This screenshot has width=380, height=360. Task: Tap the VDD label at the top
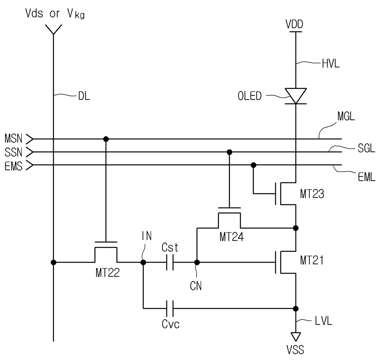pyautogui.click(x=294, y=24)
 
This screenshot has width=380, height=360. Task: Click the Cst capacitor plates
pyautogui.click(x=170, y=262)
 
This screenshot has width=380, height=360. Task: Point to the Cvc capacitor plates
pyautogui.click(x=170, y=308)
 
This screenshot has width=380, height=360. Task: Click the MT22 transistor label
pyautogui.click(x=108, y=273)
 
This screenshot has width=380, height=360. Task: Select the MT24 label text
pyautogui.click(x=232, y=237)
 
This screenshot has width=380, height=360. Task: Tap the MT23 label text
pyautogui.click(x=312, y=194)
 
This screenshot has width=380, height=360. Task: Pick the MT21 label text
pyautogui.click(x=312, y=260)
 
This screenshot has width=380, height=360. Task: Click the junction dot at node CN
pyautogui.click(x=197, y=262)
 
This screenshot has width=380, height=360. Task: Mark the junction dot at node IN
pyautogui.click(x=143, y=262)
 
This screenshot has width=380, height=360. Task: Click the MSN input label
pyautogui.click(x=13, y=139)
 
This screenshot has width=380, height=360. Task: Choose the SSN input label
pyautogui.click(x=13, y=152)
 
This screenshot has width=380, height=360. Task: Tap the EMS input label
pyautogui.click(x=13, y=166)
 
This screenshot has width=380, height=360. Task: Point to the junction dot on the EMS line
pyautogui.click(x=253, y=165)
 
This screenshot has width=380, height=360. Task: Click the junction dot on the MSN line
pyautogui.click(x=106, y=139)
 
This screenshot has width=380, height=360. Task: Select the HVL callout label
pyautogui.click(x=331, y=63)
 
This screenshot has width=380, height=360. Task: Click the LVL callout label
pyautogui.click(x=323, y=321)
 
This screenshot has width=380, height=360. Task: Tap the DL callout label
pyautogui.click(x=84, y=96)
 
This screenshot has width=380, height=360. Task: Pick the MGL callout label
pyautogui.click(x=346, y=116)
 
